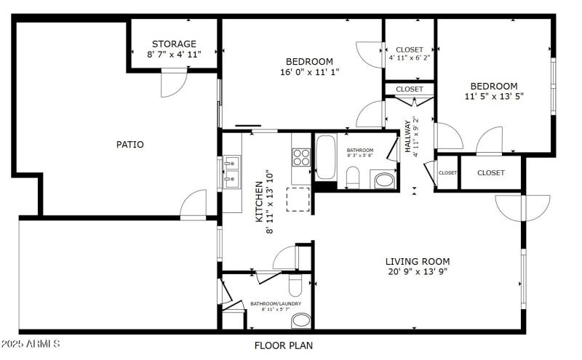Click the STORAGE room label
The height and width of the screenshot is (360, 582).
click(174, 44)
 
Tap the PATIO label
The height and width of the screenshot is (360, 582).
click(130, 145)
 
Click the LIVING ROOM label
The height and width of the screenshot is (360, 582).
click(418, 262)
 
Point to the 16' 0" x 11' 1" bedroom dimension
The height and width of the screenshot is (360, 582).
click(309, 72)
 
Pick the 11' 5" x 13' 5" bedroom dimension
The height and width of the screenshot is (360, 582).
click(494, 96)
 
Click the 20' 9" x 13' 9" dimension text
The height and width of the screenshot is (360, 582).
click(418, 272)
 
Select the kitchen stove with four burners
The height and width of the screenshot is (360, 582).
click(301, 157)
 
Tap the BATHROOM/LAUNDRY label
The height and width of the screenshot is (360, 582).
click(276, 304)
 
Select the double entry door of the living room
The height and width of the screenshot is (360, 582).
click(522, 207)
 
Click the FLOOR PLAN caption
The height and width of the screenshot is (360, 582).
click(283, 345)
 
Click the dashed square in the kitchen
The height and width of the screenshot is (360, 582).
click(298, 199)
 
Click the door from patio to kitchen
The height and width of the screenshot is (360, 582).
click(194, 204)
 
